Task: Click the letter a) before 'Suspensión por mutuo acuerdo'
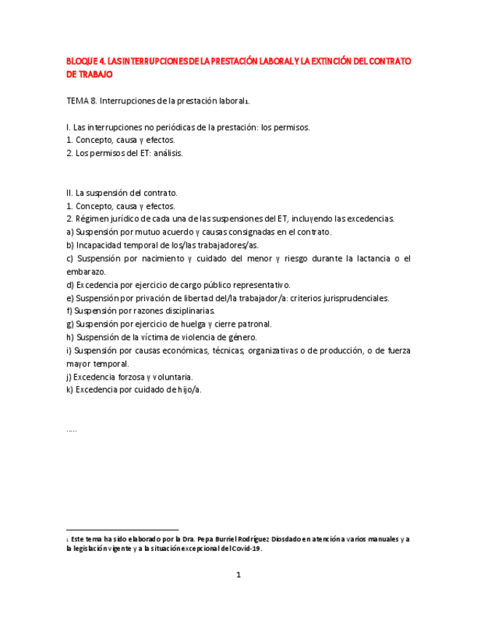69,232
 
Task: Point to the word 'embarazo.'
86,271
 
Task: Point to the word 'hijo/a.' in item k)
184,390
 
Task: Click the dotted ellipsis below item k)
71,429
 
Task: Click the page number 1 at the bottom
238,575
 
